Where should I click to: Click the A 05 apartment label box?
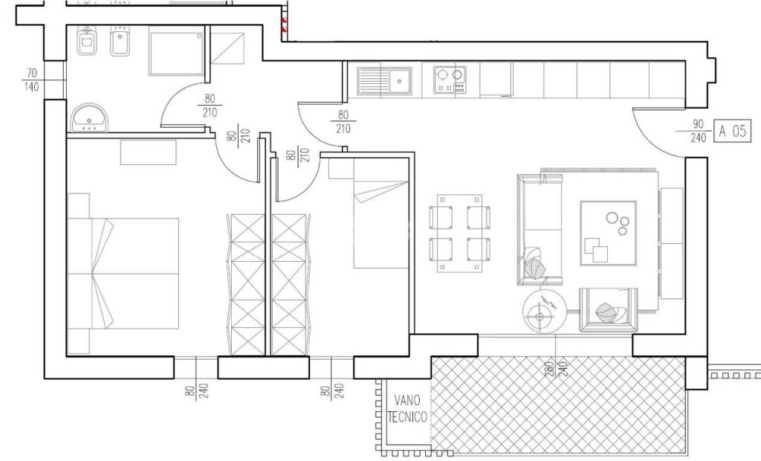tap(732, 131)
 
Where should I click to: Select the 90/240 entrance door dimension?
tap(698, 131)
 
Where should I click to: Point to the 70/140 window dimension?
tap(31, 80)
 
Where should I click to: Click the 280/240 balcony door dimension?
tap(556, 369)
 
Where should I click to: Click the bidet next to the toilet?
tap(120, 41)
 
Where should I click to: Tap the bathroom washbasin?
tap(90, 117)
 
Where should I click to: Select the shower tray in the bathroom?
tap(176, 54)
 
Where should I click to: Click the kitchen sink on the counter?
tap(385, 80)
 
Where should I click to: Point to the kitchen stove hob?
tap(450, 80)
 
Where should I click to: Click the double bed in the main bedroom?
tap(123, 274)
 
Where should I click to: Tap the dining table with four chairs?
tap(459, 233)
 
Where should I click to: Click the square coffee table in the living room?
tap(609, 233)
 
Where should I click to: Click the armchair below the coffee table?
tap(608, 309)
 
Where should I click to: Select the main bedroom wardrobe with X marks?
tap(247, 285)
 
